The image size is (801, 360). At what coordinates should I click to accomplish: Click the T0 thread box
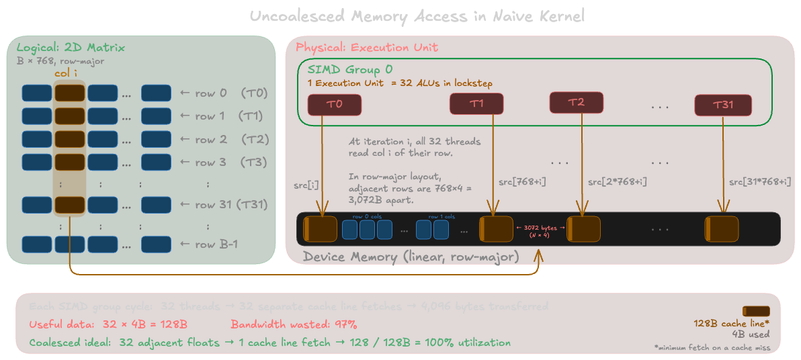[334, 104]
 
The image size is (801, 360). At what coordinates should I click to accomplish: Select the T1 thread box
[476, 103]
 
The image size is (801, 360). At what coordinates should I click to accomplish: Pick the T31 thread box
[723, 105]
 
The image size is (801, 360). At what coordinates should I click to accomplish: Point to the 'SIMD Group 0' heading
[349, 70]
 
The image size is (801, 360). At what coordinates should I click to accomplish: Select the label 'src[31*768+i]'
[759, 182]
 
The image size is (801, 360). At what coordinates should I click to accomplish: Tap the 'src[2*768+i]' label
[617, 182]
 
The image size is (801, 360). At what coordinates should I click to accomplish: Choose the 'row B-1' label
[216, 244]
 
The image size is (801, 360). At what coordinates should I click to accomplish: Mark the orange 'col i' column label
[69, 73]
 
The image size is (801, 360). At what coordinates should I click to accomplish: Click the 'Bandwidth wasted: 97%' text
[293, 324]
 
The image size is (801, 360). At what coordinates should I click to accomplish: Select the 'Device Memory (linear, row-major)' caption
[411, 257]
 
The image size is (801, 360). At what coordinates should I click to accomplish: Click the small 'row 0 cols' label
[366, 216]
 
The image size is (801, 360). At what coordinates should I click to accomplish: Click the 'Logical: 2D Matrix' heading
[71, 48]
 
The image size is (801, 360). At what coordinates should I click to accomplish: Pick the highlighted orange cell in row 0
[69, 93]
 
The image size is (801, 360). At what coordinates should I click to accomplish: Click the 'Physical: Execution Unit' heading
[367, 48]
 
